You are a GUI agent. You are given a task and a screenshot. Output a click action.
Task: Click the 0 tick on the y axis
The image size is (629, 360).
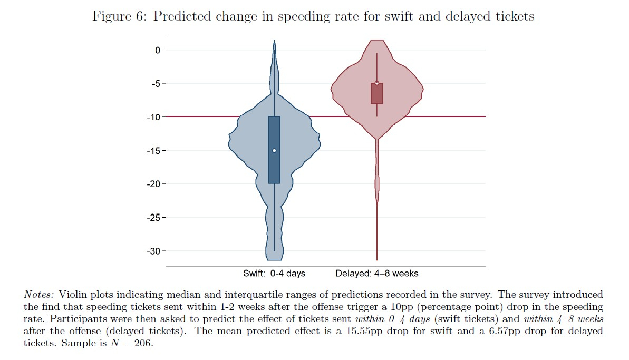pos(157,50)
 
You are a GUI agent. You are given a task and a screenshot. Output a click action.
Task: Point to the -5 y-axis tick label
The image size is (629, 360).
pos(155,83)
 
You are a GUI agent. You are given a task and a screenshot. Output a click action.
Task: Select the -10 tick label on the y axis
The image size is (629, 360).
pos(153,117)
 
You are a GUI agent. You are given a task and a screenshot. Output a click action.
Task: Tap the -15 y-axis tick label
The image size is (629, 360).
pos(153,150)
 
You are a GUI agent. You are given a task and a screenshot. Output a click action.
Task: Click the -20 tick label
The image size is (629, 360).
pos(153,184)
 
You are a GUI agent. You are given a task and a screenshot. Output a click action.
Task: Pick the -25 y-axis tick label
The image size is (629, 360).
pos(153,217)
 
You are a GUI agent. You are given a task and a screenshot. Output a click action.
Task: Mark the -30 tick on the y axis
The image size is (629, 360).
pos(153,251)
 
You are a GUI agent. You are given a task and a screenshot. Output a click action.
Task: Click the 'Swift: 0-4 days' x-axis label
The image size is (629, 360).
pos(274,274)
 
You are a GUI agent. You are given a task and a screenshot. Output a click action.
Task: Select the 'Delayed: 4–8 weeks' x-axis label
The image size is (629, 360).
pos(376,274)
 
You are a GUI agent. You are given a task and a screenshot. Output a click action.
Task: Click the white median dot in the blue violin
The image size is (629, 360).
pos(274,150)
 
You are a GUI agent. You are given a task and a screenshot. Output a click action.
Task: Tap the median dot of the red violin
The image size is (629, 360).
pos(377,83)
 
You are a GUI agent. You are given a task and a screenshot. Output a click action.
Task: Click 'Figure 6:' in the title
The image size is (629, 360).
pos(120,16)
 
